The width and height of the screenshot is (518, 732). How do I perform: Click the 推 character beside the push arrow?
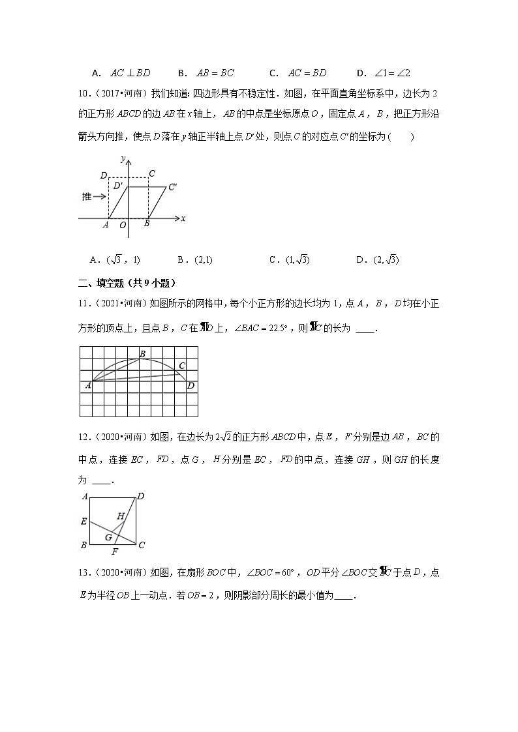[87, 196]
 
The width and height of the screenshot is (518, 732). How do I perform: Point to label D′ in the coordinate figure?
[118, 186]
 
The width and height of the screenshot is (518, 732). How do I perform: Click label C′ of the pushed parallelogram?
[173, 187]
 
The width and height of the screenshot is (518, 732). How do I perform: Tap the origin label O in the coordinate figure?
[123, 226]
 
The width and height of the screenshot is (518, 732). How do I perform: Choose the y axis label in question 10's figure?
[123, 158]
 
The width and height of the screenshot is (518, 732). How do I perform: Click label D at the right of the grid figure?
[190, 386]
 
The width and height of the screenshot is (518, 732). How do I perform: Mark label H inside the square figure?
[120, 516]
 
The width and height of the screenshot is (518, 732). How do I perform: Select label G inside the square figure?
[108, 537]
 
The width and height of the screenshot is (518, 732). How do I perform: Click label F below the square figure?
[115, 552]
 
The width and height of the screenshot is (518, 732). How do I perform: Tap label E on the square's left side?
[84, 521]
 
